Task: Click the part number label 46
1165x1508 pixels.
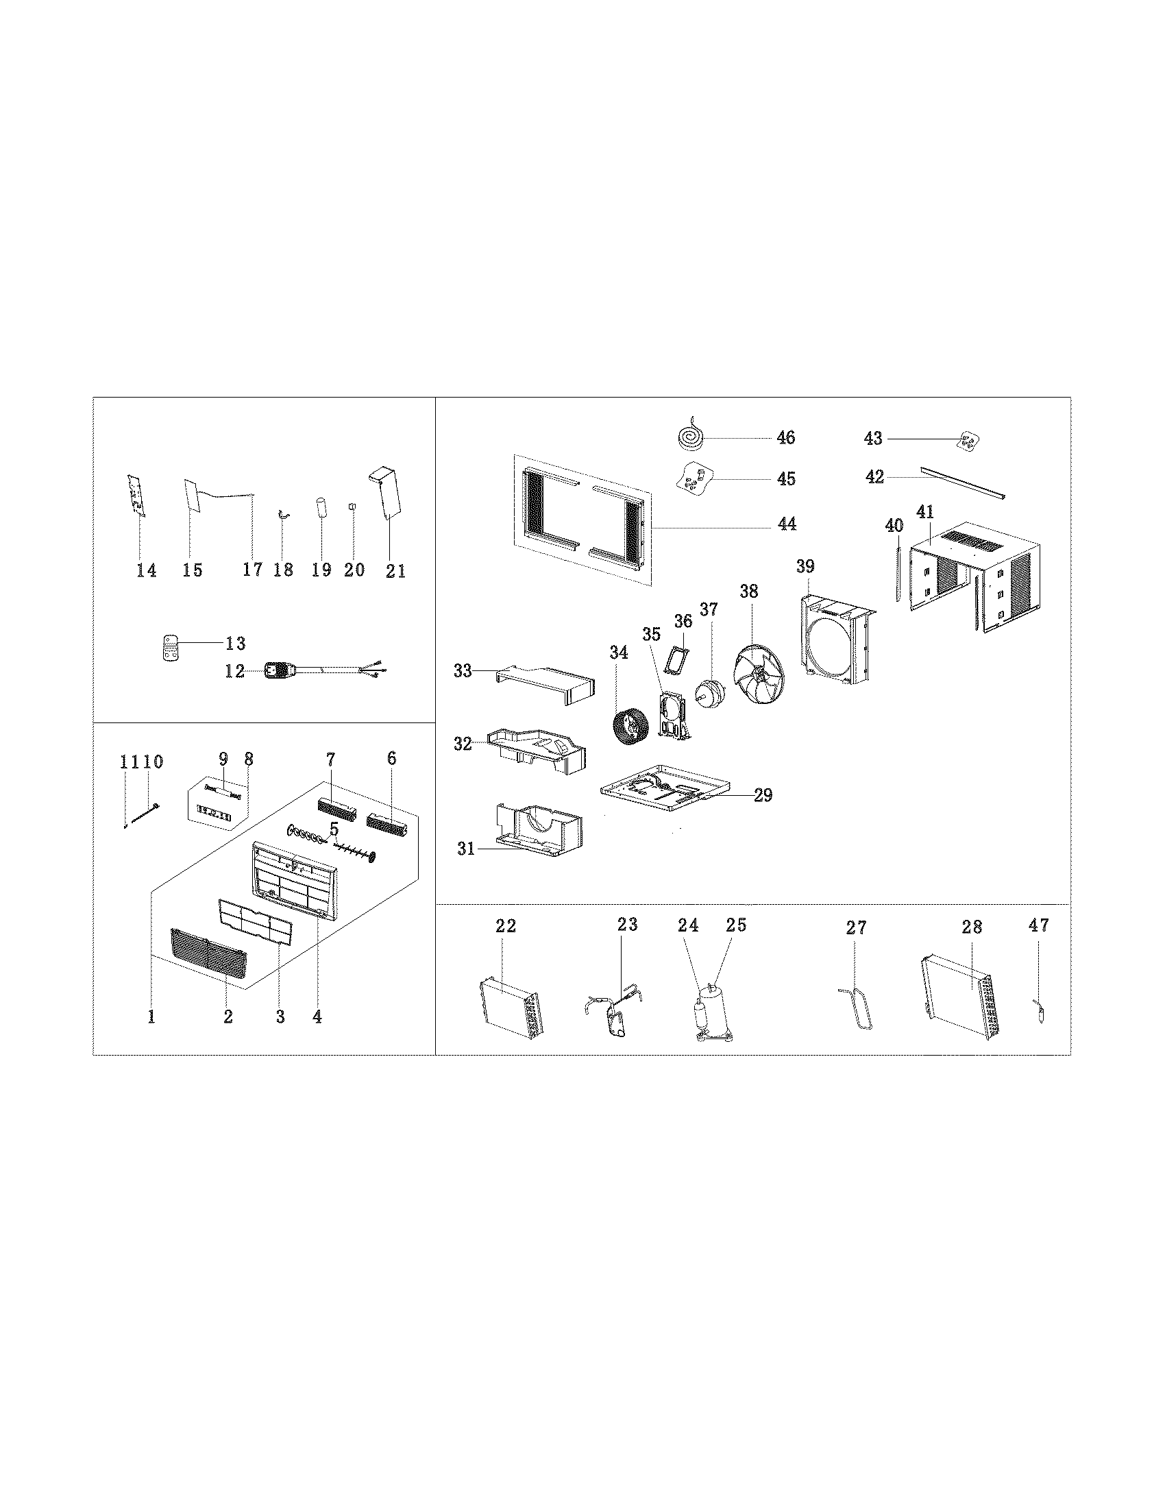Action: (x=785, y=437)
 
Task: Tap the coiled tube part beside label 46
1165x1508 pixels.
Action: (x=690, y=437)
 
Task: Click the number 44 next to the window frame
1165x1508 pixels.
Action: (x=786, y=524)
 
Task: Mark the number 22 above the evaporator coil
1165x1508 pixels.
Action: (x=506, y=926)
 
